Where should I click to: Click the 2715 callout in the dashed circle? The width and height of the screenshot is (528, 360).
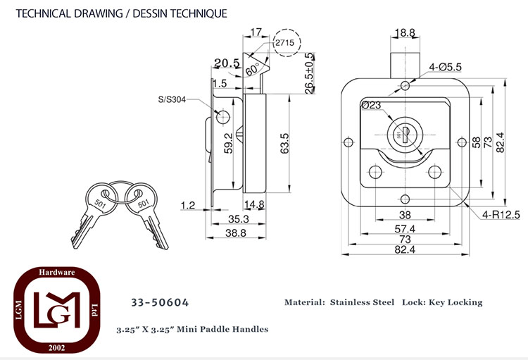pos(284,43)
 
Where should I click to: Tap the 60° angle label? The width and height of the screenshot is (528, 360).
pos(253,69)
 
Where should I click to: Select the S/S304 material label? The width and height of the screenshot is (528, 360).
pos(172,99)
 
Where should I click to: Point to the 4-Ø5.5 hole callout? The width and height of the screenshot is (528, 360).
pos(445,67)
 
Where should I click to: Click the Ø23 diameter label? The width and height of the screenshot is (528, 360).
pos(371,106)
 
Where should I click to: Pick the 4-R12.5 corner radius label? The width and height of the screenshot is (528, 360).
pos(501,214)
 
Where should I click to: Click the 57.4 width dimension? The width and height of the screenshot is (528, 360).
pos(405,229)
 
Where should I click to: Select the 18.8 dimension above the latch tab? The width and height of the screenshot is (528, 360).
pos(405,32)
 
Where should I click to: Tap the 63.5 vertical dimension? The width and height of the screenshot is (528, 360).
pos(285,143)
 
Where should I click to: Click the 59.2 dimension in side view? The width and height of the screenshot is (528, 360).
pos(229,143)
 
